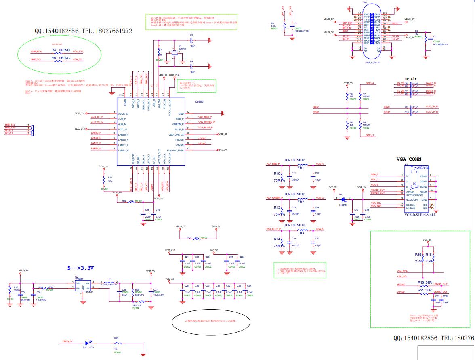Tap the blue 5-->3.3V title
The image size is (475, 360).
(80, 268)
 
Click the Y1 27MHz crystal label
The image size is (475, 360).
(182, 47)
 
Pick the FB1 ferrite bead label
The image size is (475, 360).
(301, 167)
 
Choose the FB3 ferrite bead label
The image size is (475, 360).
(301, 233)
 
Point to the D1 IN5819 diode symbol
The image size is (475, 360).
(343, 199)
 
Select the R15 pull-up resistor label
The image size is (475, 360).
(418, 255)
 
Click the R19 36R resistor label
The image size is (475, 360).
(425, 282)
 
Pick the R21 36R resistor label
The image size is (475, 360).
(425, 290)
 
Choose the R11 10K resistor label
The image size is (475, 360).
(109, 178)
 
